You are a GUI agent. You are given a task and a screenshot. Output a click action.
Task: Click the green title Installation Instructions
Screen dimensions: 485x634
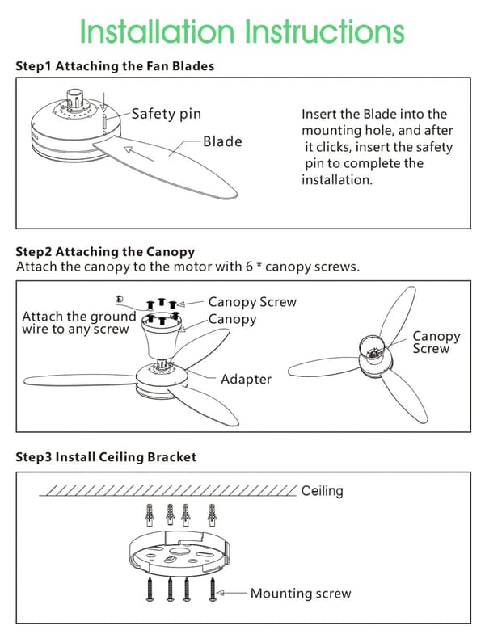pyautogui.click(x=242, y=31)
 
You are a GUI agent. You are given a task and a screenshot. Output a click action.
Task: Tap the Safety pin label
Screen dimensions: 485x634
pyautogui.click(x=166, y=114)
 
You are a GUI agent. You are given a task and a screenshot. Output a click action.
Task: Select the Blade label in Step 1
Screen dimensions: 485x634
pyautogui.click(x=222, y=141)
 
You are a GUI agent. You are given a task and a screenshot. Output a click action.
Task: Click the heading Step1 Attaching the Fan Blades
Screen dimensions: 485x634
pyautogui.click(x=115, y=66)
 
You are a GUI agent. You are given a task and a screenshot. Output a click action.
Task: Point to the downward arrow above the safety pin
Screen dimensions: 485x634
pyautogui.click(x=104, y=103)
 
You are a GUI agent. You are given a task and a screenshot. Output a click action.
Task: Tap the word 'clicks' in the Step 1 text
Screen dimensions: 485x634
pyautogui.click(x=333, y=147)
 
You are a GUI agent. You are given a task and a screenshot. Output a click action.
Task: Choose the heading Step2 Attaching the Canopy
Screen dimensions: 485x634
pyautogui.click(x=105, y=252)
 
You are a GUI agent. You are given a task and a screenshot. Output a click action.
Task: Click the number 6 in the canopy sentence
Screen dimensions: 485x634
pyautogui.click(x=249, y=267)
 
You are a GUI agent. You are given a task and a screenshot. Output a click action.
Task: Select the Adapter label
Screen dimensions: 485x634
pyautogui.click(x=246, y=380)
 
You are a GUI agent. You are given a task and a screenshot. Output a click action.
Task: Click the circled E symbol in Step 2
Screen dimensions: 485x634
pyautogui.click(x=119, y=299)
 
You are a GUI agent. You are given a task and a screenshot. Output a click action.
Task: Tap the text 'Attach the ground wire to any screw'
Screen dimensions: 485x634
pyautogui.click(x=79, y=323)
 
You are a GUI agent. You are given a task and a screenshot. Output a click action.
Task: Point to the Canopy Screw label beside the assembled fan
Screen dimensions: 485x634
pyautogui.click(x=436, y=342)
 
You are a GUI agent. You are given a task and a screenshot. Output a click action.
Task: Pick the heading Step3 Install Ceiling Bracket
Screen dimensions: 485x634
pyautogui.click(x=106, y=457)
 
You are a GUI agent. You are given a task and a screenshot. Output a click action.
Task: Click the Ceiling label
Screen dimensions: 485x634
pyautogui.click(x=323, y=491)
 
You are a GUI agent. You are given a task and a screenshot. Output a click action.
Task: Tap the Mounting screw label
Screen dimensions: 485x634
pyautogui.click(x=301, y=593)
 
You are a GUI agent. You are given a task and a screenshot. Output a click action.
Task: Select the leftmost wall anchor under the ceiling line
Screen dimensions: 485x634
pyautogui.click(x=150, y=515)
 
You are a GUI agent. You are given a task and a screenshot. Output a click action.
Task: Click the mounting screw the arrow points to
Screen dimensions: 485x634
pyautogui.click(x=212, y=589)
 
